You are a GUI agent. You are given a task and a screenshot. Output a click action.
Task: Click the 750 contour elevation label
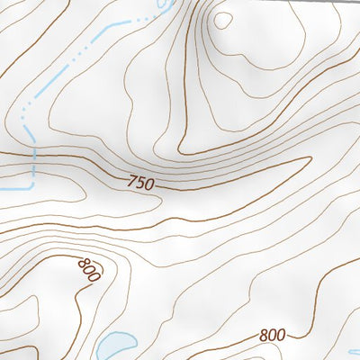(141, 184)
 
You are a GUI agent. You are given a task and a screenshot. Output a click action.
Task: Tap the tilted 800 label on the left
(88, 269)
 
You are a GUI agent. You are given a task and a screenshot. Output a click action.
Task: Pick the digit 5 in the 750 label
(141, 184)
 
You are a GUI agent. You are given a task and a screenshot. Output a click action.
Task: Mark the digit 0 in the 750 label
(150, 185)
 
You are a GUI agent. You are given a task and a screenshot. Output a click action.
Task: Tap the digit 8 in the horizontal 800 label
(263, 335)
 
